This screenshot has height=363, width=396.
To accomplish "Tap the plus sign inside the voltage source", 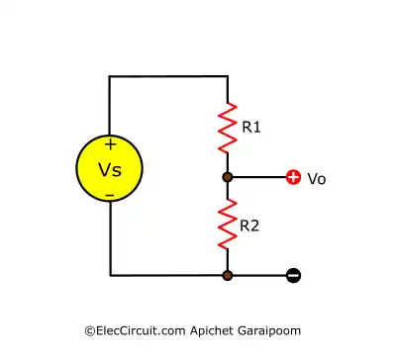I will click(x=110, y=144).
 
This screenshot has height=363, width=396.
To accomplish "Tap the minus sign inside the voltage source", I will click(x=110, y=195).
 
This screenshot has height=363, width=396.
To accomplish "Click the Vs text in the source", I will click(x=110, y=169).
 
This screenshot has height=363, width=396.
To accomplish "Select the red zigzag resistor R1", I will click(x=228, y=126).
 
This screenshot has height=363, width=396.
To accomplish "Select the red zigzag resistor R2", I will click(x=228, y=225).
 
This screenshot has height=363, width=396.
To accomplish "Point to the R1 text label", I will click(x=252, y=127).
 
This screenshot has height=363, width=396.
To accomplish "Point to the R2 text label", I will click(x=251, y=226).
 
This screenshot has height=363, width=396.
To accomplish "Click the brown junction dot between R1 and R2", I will click(x=228, y=177).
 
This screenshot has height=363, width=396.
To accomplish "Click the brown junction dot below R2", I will click(x=228, y=275).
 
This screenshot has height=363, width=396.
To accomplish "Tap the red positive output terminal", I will click(x=293, y=177).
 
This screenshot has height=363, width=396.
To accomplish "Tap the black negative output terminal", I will click(x=293, y=275).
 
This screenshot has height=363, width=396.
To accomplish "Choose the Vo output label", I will click(x=317, y=179).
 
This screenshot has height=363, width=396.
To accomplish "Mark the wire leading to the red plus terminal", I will click(x=259, y=177).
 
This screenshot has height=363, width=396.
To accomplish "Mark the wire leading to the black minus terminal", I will click(x=259, y=275).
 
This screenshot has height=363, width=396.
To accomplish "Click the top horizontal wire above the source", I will click(x=168, y=76).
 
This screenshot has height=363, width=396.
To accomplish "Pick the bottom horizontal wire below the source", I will click(x=168, y=275).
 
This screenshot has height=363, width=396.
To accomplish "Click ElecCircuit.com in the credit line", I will click(x=131, y=329).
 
